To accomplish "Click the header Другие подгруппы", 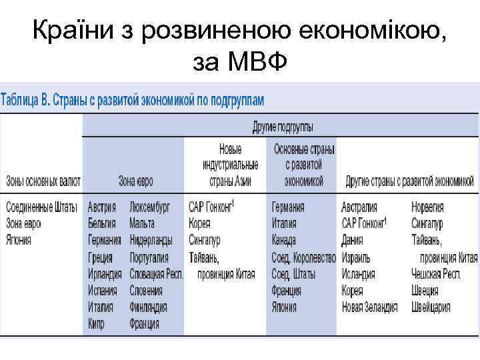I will coord(283,127).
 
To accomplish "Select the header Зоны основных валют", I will coord(43,181).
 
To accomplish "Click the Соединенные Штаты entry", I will coord(41,207).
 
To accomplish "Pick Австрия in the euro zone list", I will coord(102,207).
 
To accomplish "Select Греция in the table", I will coord(100,257).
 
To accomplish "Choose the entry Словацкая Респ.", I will coord(157,274).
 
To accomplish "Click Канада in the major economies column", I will coord(285,240).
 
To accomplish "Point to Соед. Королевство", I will coord(303,257).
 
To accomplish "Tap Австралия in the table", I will coord(360,207).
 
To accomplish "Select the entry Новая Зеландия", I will coord(369,307).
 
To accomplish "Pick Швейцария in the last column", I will coord(432,307).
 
